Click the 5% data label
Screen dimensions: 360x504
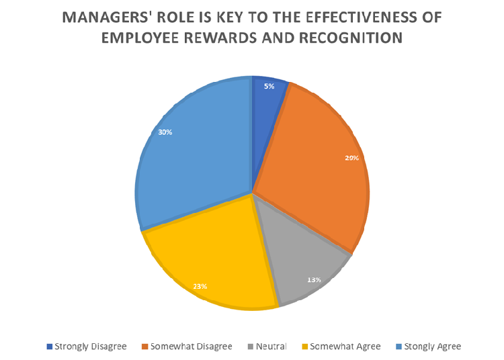[x=269, y=86]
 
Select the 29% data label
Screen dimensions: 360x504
[x=352, y=158]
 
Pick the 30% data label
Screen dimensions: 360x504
[x=165, y=132]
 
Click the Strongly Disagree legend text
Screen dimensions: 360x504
[x=90, y=347]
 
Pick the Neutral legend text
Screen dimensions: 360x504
[x=270, y=347]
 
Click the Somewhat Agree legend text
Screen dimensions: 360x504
[x=345, y=347]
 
